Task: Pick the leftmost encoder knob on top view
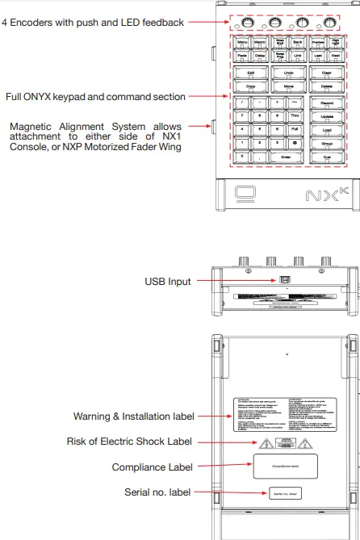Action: click(245, 20)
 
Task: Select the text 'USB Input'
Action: click(167, 282)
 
